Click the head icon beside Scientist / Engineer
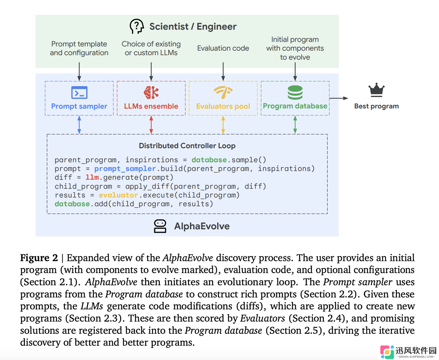click(137, 26)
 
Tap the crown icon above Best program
click(376, 90)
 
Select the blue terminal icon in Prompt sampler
click(79, 92)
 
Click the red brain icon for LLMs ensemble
click(151, 92)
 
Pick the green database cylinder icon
click(295, 92)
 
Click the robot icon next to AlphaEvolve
click(160, 226)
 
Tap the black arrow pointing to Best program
click(339, 98)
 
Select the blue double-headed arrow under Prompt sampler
click(79, 124)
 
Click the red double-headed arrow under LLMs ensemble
click(151, 124)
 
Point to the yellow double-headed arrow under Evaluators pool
click(223, 124)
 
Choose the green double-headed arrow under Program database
click(295, 124)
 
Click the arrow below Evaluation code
click(223, 71)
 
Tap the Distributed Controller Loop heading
click(187, 146)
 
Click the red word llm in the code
click(92, 177)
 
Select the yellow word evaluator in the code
click(118, 195)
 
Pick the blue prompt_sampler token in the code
click(125, 168)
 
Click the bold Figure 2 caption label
click(39, 258)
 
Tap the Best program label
click(376, 106)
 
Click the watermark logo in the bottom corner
click(387, 352)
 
